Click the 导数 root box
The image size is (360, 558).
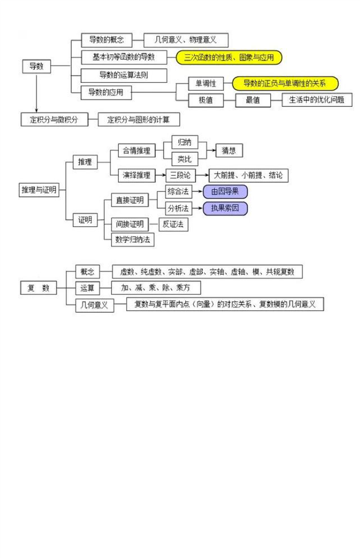pos(36,66)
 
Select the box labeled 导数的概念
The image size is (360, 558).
pos(106,40)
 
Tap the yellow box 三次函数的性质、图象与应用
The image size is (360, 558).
pos(229,57)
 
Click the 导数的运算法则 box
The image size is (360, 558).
pos(124,75)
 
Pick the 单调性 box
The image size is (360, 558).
pos(205,83)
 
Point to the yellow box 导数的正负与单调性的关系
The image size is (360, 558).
pos(285,83)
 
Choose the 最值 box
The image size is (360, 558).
pos(253,100)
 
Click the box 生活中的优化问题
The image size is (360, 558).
pos(317,100)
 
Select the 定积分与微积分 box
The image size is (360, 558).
pos(54,120)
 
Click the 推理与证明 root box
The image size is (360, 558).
pos(39,190)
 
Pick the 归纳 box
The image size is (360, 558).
pos(185,142)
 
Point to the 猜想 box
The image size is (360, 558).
pos(229,151)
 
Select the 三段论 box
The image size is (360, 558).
pos(180,175)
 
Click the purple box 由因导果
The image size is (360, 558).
pos(225,191)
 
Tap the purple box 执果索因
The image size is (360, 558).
pos(225,208)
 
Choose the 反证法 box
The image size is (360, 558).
pos(174,224)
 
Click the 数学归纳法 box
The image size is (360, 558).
pos(133,240)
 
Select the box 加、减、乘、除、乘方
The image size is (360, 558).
pos(156,288)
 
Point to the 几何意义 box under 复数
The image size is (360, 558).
pos(95,306)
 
